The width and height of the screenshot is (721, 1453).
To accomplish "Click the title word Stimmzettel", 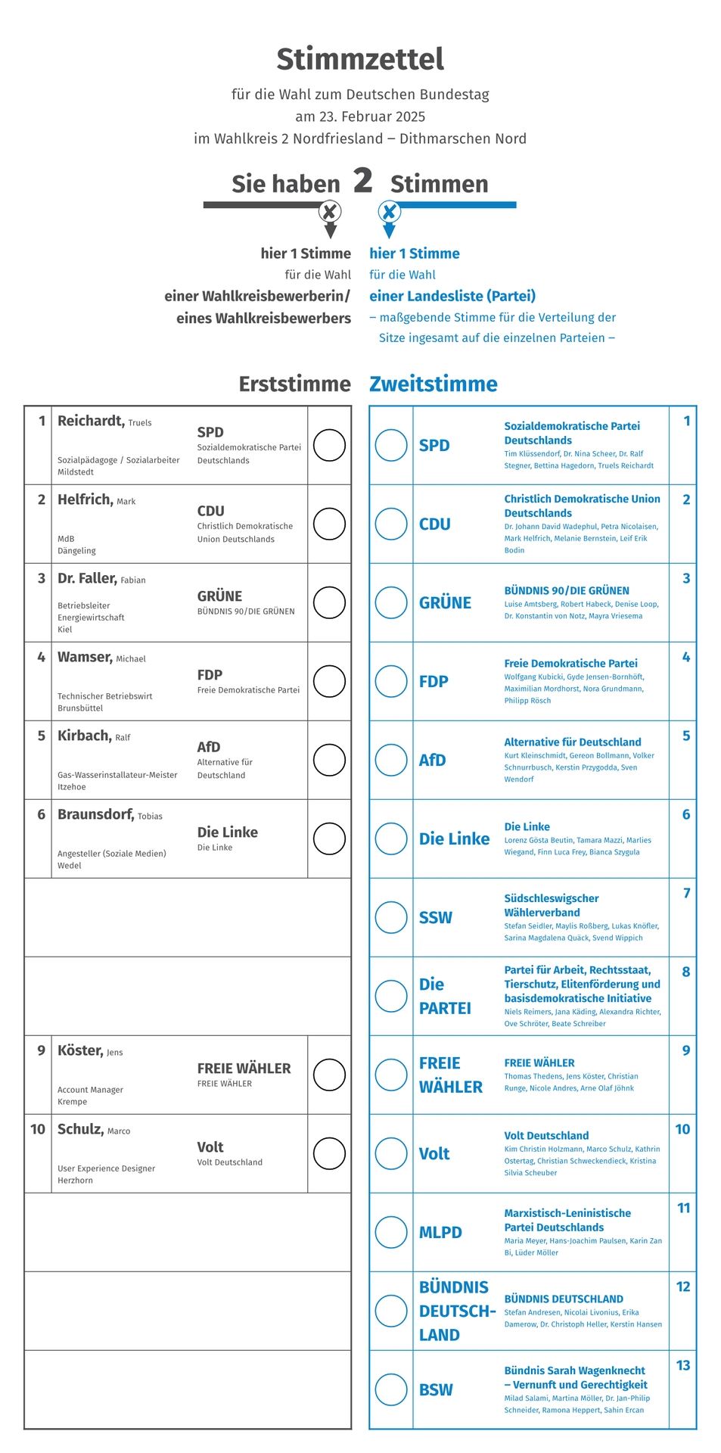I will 360,59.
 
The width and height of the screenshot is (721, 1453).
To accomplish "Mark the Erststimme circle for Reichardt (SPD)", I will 329,445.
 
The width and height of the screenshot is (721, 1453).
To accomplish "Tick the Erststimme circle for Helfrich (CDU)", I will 329,524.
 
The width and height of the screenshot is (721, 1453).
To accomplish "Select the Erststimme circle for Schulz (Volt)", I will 329,1153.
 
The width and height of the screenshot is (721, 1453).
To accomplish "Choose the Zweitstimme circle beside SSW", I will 391,917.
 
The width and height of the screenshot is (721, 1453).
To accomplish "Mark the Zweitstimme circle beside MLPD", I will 391,1232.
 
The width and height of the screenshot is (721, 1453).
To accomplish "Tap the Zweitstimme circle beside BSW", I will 391,1389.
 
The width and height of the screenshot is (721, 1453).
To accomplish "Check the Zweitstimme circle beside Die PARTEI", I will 391,996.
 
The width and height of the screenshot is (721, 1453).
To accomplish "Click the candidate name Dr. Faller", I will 87,578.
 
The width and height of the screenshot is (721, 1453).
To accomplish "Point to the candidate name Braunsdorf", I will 95,814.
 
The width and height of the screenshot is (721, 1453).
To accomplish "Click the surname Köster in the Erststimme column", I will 79,1050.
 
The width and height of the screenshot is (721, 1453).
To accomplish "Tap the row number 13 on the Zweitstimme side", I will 683,1365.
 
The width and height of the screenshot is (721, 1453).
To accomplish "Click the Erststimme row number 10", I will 38,1129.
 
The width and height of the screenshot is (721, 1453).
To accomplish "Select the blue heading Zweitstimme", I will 433,384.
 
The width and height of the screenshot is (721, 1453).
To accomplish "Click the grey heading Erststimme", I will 294,384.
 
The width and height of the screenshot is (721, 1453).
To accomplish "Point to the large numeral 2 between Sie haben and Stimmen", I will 363,181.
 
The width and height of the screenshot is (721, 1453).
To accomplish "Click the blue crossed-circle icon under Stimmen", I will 389,211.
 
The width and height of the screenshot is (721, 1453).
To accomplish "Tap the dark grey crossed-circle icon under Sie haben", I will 330,211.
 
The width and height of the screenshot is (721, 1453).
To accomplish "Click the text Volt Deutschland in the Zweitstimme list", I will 546,1135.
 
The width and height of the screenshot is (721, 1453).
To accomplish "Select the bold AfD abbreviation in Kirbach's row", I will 209,747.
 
